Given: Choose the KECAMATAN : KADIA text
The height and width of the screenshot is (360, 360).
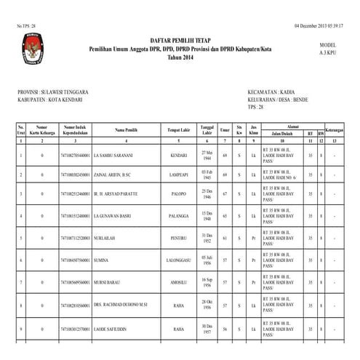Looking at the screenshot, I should pos(271,92).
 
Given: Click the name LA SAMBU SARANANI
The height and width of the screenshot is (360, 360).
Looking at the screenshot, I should pos(112,156).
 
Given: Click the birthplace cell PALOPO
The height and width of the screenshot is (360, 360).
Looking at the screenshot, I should pos(177,196).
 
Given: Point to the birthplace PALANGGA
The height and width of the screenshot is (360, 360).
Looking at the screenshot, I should pos(177,216).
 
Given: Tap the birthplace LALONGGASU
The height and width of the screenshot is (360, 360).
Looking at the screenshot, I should pos(177,258).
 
